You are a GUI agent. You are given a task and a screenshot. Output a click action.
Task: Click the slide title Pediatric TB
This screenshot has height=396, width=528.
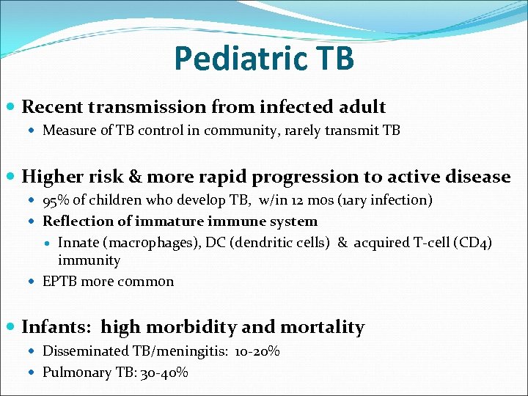264,59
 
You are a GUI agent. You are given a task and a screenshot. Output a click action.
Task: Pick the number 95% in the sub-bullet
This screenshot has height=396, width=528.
56,201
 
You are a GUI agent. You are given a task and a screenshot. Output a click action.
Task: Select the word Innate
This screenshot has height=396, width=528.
78,243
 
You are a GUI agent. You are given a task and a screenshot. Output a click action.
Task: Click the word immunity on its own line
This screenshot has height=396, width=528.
89,260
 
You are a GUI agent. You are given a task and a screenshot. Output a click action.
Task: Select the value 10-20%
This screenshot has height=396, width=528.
257,351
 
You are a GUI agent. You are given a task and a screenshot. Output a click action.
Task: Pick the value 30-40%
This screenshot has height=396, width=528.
166,373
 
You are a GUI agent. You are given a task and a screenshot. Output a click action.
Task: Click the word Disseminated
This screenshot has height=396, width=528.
84,351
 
